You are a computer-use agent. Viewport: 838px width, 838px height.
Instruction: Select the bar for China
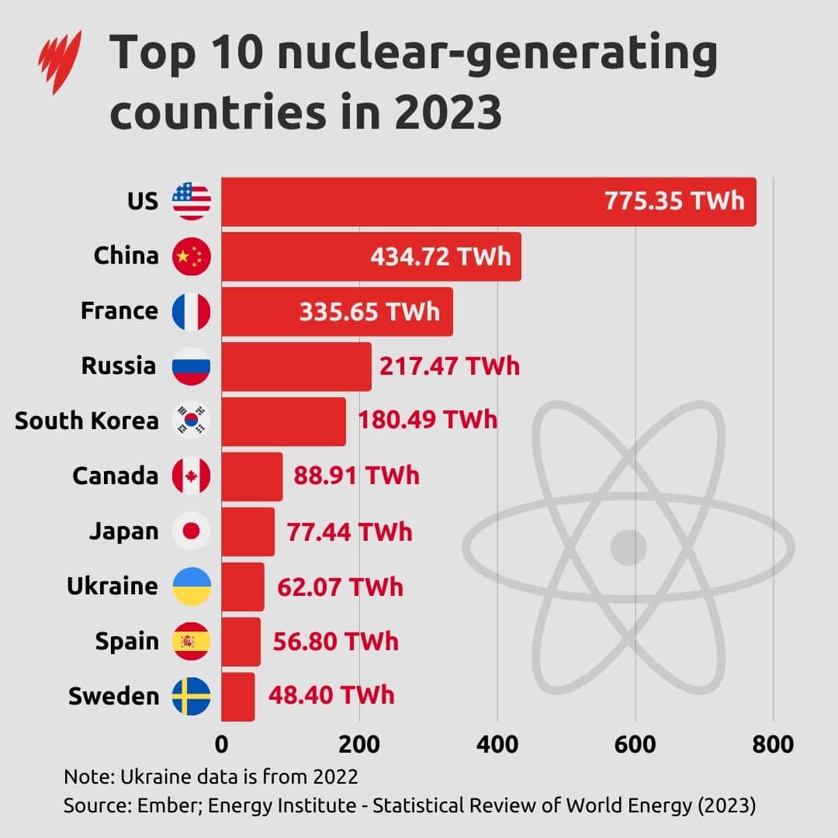(x=371, y=256)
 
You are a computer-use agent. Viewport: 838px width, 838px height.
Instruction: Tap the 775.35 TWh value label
(x=674, y=201)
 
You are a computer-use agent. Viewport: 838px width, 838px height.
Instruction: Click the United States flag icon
(x=191, y=202)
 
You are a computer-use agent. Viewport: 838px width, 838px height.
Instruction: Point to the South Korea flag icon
(x=191, y=421)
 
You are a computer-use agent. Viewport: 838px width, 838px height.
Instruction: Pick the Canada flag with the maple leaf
(x=191, y=476)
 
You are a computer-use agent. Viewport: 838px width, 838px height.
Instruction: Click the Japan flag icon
(x=191, y=531)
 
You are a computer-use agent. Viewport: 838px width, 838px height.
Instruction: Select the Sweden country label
(x=113, y=696)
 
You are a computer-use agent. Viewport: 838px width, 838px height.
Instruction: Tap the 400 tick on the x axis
(x=497, y=745)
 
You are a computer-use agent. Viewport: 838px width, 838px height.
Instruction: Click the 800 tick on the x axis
(x=773, y=745)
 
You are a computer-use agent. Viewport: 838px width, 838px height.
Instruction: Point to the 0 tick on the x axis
(x=222, y=745)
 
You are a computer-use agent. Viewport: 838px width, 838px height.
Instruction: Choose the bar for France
(x=337, y=311)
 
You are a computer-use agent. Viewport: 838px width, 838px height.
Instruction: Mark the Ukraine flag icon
(x=191, y=586)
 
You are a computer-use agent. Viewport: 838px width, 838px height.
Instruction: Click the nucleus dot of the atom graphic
(x=628, y=548)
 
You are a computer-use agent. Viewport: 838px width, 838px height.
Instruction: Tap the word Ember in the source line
(x=149, y=805)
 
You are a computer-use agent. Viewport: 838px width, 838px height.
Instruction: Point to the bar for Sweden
(x=237, y=696)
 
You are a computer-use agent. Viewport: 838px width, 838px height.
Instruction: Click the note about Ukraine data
(x=211, y=777)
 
